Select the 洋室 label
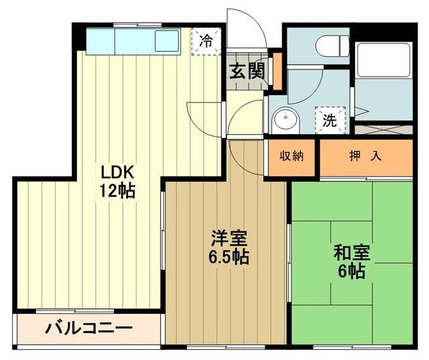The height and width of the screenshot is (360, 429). [x=230, y=237]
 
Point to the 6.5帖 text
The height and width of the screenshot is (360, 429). [x=230, y=257]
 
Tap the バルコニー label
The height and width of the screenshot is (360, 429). [x=89, y=329]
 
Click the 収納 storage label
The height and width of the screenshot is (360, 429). [x=292, y=157]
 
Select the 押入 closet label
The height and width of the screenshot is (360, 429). [x=366, y=157]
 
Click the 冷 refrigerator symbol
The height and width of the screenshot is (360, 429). [x=206, y=40]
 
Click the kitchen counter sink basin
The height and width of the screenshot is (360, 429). [x=166, y=42]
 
